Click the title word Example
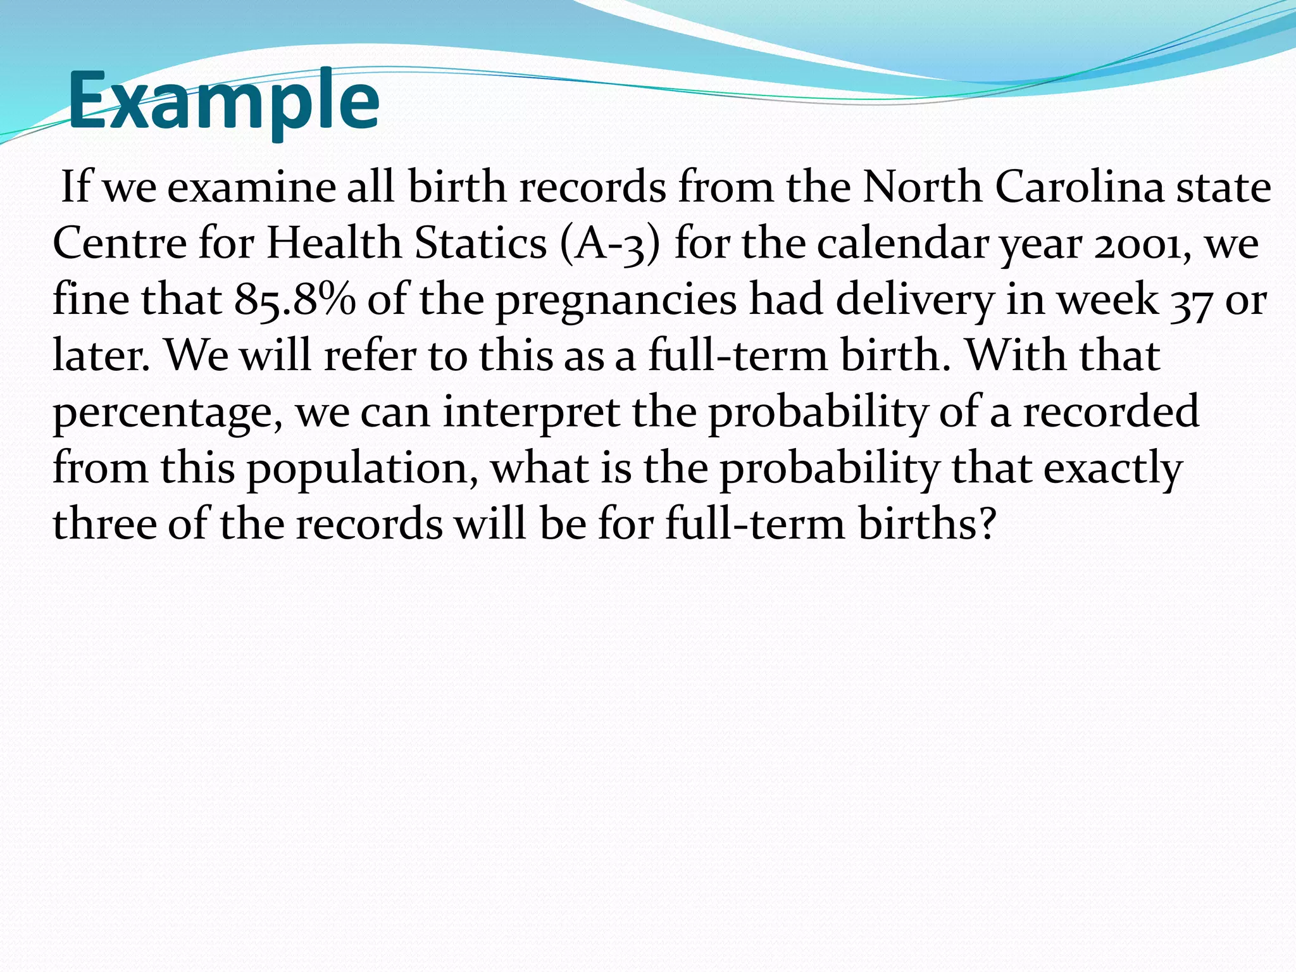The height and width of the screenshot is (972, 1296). tap(223, 101)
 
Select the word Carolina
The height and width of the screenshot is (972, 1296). tap(1080, 187)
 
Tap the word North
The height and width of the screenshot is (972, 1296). tap(922, 187)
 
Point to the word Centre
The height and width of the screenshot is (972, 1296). tap(120, 243)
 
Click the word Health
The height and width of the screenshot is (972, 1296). tap(333, 243)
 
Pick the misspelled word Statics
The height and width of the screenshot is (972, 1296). tap(480, 243)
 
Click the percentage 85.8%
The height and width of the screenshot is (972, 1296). tap(295, 300)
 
